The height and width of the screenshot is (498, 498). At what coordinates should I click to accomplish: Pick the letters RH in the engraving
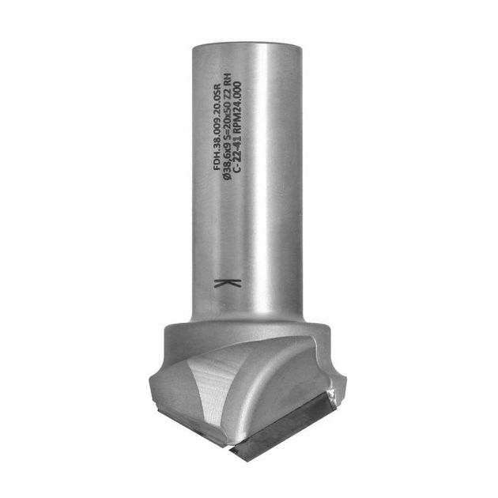coord(228,78)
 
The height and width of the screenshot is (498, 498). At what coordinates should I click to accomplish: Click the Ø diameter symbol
coord(228,181)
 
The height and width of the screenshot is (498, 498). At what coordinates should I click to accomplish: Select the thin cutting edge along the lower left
coord(190,419)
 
